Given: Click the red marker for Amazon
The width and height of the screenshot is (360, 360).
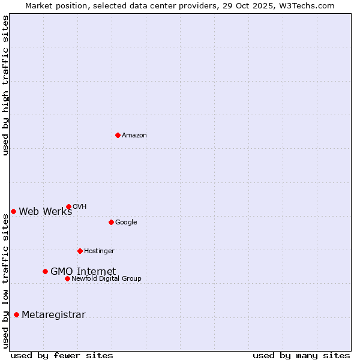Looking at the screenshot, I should click(x=118, y=135).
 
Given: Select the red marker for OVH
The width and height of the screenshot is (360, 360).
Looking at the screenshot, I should click(x=68, y=206).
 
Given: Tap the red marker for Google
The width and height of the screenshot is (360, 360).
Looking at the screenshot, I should click(x=111, y=222).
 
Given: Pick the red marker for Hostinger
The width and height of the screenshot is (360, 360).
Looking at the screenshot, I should click(x=80, y=251).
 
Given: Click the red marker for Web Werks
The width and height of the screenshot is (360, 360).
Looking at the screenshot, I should click(x=13, y=211).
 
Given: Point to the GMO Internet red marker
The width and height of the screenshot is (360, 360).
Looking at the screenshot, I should click(x=45, y=271).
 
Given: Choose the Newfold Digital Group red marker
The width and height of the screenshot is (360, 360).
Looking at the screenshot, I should click(x=67, y=278).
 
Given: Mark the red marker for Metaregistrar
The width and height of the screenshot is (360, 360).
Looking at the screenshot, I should click(x=16, y=315).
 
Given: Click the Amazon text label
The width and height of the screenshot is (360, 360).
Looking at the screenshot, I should click(x=134, y=136).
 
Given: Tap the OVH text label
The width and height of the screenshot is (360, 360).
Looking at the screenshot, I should click(x=80, y=207).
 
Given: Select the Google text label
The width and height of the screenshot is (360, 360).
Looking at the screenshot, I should click(x=126, y=223).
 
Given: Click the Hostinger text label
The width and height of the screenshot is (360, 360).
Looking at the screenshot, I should click(x=99, y=251).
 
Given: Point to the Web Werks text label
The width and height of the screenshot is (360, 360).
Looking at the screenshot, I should click(x=46, y=211).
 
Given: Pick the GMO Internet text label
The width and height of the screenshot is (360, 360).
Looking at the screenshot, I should click(x=83, y=271).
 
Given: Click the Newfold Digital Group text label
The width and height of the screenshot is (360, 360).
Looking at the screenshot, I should click(x=106, y=278).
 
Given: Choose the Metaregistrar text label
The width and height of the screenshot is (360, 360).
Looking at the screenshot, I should click(x=53, y=315).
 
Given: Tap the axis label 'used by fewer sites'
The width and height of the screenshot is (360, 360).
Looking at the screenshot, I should click(x=62, y=355).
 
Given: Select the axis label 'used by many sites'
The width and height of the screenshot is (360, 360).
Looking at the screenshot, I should click(x=301, y=355).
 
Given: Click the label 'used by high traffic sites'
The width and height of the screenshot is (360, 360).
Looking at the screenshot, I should click(x=5, y=85).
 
